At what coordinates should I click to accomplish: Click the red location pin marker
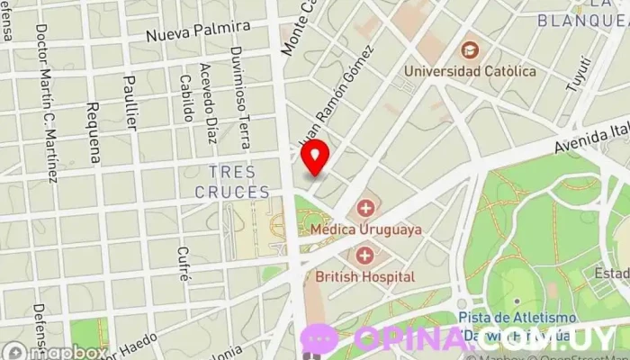pyautogui.click(x=314, y=156)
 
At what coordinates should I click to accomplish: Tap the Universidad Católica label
pyautogui.click(x=469, y=70)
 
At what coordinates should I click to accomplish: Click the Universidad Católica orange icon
pyautogui.click(x=469, y=49)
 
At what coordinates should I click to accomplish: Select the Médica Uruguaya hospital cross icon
pyautogui.click(x=366, y=211)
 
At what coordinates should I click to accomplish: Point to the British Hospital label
pyautogui.click(x=365, y=277)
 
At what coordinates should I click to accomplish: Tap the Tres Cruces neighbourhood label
pyautogui.click(x=232, y=181)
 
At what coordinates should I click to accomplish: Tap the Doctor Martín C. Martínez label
pyautogui.click(x=46, y=102)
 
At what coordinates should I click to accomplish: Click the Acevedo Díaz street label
pyautogui.click(x=209, y=103)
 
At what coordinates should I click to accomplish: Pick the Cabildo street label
pyautogui.click(x=186, y=99)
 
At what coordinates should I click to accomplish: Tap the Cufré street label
pyautogui.click(x=184, y=264)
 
